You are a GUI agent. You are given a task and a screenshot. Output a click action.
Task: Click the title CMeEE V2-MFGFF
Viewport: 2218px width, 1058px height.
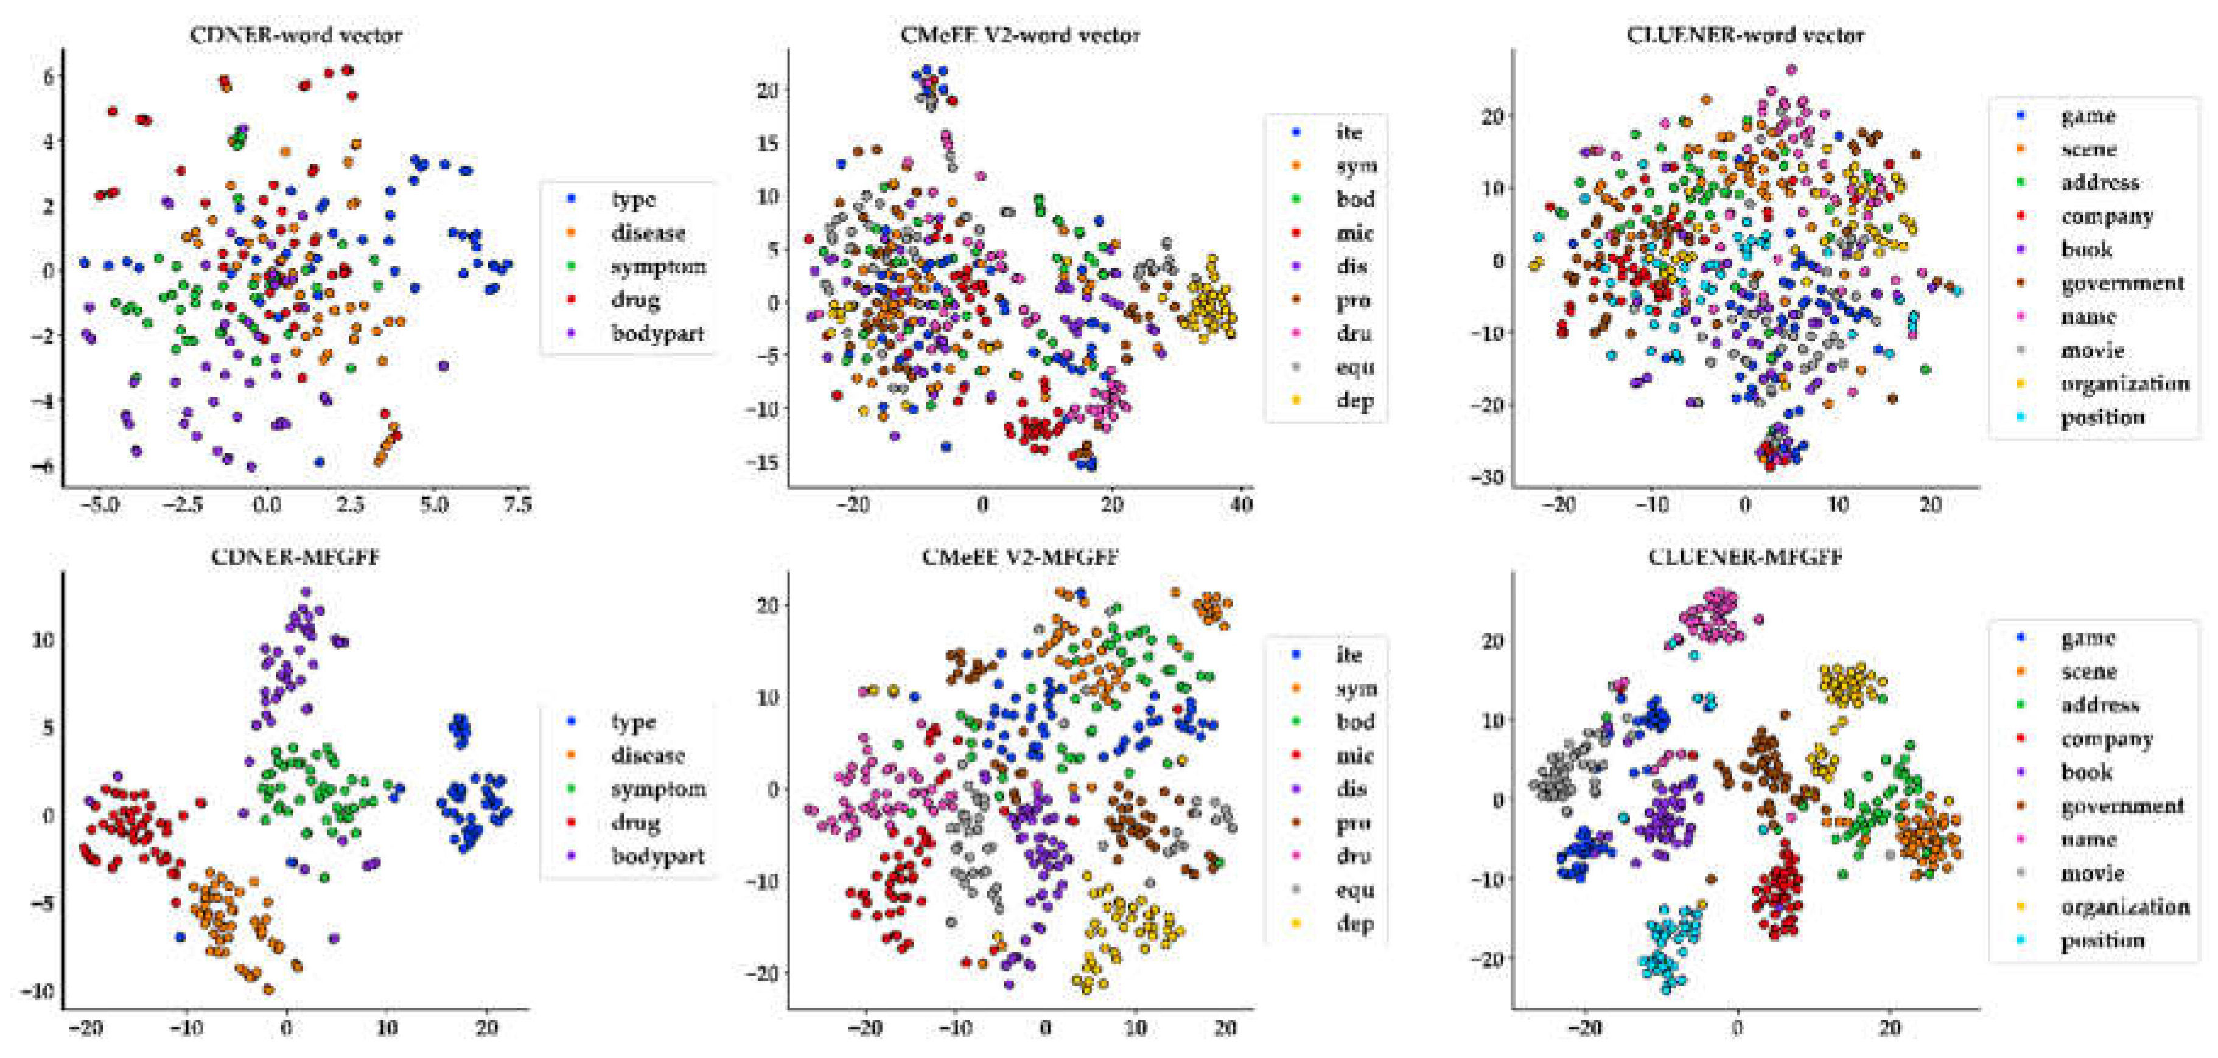point(1020,557)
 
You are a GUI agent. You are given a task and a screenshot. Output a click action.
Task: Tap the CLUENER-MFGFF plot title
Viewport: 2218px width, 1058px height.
point(1744,557)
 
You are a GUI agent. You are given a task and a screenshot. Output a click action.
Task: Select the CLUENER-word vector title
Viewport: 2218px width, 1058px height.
point(1744,35)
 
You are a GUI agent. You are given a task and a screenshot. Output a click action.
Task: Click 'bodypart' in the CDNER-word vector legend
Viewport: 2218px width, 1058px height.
point(658,333)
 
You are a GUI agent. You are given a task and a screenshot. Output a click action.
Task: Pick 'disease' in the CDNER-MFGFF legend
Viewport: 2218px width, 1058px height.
point(648,755)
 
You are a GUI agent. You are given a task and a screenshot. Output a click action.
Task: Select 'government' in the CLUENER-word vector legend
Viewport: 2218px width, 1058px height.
point(2122,284)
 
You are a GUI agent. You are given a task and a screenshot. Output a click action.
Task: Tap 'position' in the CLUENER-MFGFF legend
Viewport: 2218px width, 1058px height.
point(2102,940)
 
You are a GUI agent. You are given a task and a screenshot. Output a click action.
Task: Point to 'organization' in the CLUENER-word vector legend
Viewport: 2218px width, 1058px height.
point(2124,384)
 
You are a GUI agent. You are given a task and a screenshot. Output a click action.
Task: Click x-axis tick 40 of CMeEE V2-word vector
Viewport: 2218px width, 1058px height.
point(1240,504)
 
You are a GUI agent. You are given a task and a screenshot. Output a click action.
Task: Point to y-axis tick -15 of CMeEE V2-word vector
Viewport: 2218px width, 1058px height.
point(764,462)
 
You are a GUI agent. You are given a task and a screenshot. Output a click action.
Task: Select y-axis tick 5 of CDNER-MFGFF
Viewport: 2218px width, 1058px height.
point(47,728)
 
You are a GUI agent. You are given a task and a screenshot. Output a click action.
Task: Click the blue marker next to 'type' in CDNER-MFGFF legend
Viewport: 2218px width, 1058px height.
point(571,722)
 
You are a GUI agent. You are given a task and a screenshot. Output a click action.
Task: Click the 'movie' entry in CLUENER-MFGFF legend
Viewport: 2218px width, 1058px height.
point(2092,873)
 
